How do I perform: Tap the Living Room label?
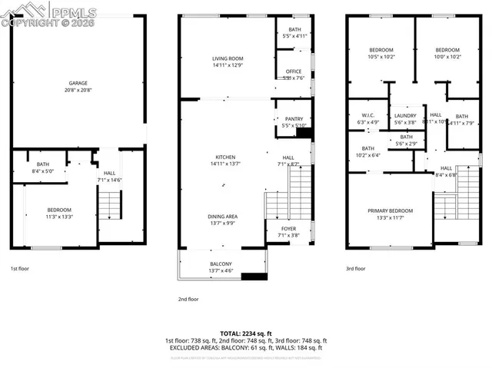(228, 58)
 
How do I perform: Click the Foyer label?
(288, 229)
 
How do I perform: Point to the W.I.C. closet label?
(367, 115)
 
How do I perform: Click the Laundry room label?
(404, 115)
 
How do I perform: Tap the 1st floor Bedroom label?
(59, 211)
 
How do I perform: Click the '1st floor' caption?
(20, 269)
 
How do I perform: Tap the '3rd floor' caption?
(355, 269)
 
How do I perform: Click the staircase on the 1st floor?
(110, 204)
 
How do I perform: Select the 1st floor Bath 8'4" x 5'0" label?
(43, 167)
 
